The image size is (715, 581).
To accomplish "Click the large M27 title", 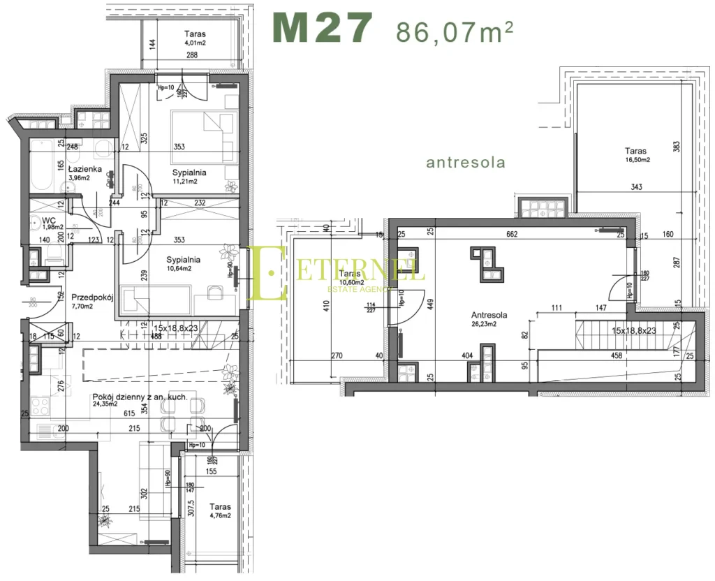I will tap(322, 29).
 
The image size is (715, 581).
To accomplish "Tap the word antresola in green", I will tap(465, 163).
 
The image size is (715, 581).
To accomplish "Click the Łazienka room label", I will tap(85, 169).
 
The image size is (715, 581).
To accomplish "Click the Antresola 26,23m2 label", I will tap(489, 319).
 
